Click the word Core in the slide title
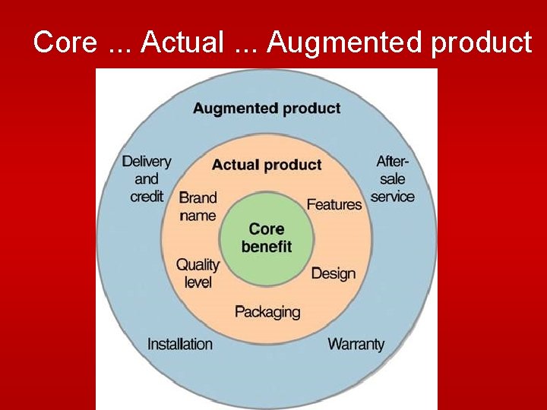coord(65,43)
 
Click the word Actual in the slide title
coord(182,43)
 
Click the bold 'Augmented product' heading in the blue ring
coord(266,108)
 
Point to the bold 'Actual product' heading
coord(266,165)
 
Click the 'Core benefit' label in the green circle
coord(266,238)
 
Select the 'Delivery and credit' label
coord(147,179)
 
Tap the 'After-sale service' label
coord(392,179)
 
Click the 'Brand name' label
coord(198,207)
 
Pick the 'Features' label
coord(334,204)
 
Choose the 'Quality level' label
coord(198,273)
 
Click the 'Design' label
coord(333,273)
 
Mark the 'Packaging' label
coord(267,312)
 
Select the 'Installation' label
coord(179,344)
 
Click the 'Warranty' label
coord(356,344)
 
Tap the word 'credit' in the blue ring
coord(147,197)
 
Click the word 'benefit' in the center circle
coord(266,247)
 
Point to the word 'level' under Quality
coord(198,282)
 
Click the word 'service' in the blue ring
coord(392,197)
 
